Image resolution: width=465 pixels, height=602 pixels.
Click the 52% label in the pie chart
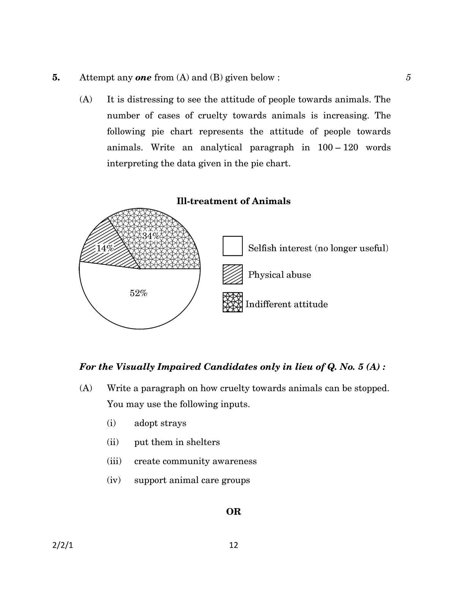[x=138, y=293]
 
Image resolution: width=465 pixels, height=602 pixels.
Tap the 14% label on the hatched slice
[x=105, y=249]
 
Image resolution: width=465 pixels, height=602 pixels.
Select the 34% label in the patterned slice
[x=151, y=236]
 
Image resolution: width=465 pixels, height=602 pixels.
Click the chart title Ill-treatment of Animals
[x=233, y=201]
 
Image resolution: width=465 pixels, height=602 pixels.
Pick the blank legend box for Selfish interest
[x=232, y=246]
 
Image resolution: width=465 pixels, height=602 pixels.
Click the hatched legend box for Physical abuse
[x=232, y=274]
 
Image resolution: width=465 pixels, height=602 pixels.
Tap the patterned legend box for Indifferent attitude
[x=232, y=303]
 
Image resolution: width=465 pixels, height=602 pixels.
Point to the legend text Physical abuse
[x=279, y=275]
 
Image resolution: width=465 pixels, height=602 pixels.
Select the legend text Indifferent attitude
[x=286, y=304]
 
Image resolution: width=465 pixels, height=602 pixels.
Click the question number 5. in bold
[x=56, y=78]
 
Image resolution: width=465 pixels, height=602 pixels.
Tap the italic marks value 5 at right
[x=408, y=78]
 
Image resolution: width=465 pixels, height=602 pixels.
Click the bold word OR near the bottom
[x=233, y=512]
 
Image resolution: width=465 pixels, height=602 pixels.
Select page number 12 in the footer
[x=234, y=545]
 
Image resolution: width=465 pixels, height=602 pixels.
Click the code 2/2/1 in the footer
[x=62, y=545]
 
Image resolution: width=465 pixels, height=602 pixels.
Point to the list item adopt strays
[x=160, y=423]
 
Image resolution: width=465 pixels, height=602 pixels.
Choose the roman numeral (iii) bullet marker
[x=114, y=461]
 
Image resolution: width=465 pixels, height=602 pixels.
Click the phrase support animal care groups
[x=192, y=480]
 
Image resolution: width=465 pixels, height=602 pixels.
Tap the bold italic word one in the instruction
[x=143, y=78]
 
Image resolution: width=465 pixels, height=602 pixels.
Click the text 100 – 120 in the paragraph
[x=338, y=147]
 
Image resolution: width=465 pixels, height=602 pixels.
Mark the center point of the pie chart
[x=140, y=269]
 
